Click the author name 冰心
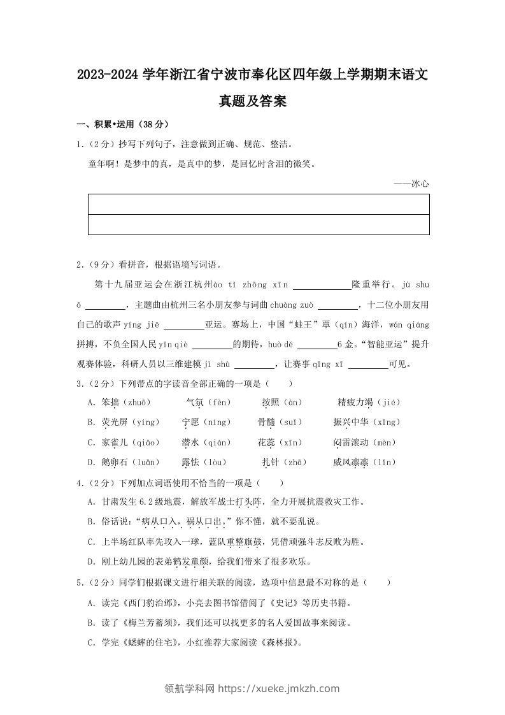coord(420,184)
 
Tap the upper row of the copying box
coord(258,205)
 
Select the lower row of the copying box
coord(258,225)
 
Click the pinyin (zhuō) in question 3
coord(136,402)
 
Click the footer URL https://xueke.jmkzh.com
coord(279,688)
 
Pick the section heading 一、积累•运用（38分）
coord(122,124)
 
